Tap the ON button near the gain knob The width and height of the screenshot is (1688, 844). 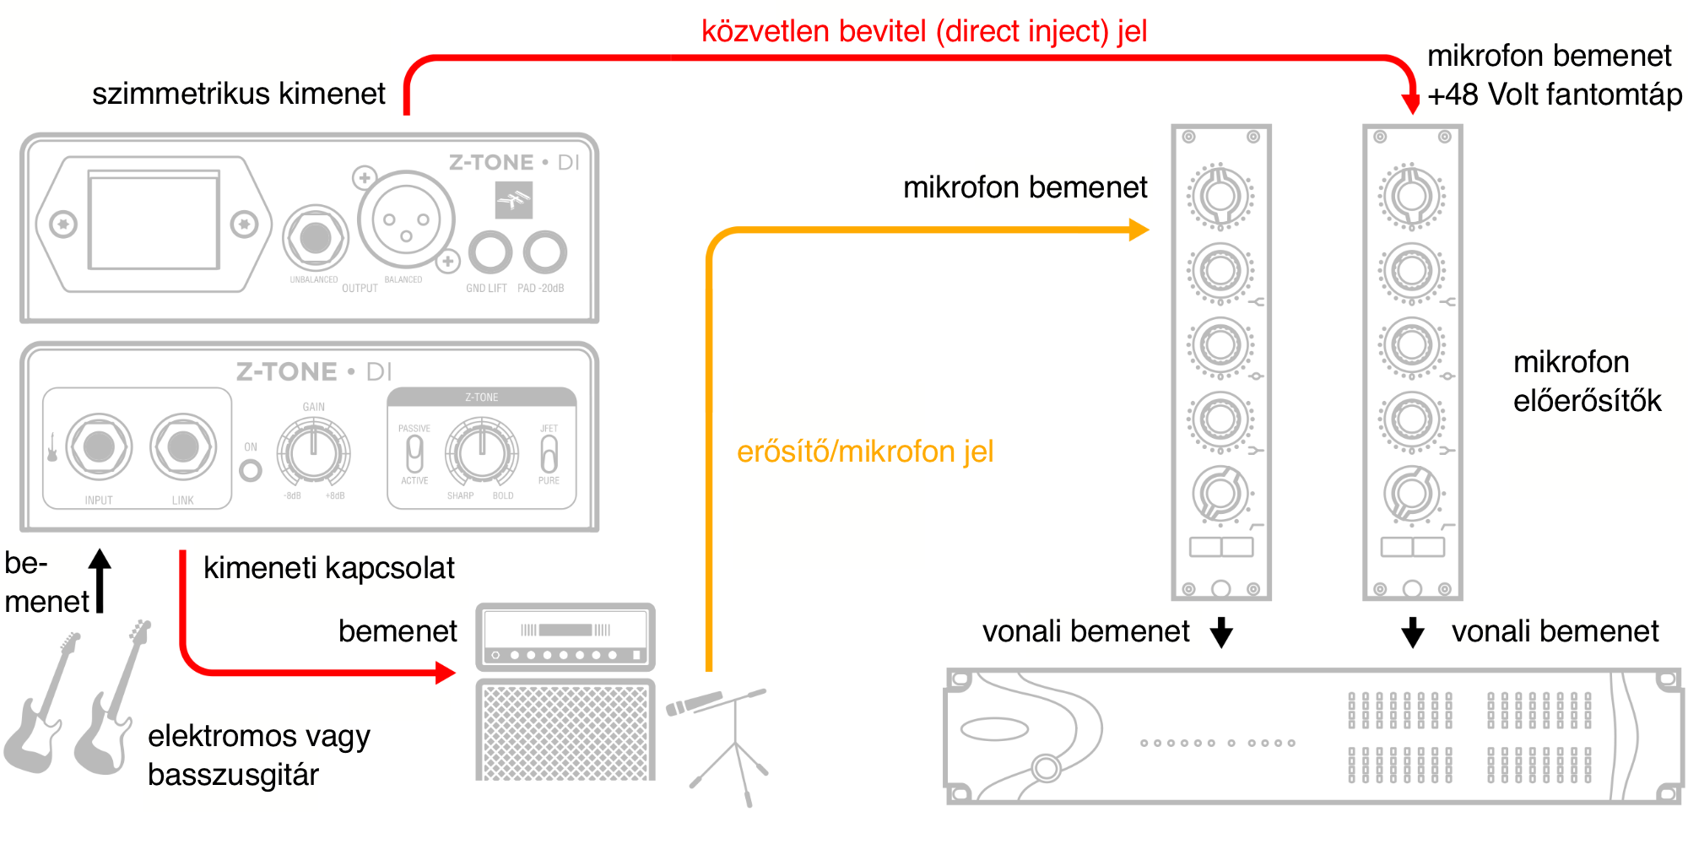coord(251,470)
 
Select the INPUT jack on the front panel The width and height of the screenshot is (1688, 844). coord(99,446)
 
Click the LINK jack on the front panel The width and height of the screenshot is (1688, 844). coord(182,446)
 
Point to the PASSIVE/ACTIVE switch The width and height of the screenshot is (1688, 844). coord(414,454)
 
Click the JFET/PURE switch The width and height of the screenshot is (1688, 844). coord(549,454)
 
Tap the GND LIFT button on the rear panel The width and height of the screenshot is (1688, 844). coord(490,252)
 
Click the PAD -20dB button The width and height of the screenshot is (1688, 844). coord(544,252)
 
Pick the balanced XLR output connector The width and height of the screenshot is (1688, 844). coord(406,220)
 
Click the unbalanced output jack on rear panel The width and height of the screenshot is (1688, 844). coord(316,238)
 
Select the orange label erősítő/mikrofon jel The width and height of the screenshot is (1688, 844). coord(865,452)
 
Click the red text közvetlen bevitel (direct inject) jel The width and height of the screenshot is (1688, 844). coord(924,31)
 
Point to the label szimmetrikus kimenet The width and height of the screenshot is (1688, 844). coord(238,93)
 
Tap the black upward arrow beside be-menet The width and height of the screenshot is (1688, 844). coord(100,578)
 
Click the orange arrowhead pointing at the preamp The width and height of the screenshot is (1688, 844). coord(1139,230)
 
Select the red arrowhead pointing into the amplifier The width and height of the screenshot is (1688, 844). coord(445,673)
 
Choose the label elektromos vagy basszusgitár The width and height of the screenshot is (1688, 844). coord(258,755)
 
